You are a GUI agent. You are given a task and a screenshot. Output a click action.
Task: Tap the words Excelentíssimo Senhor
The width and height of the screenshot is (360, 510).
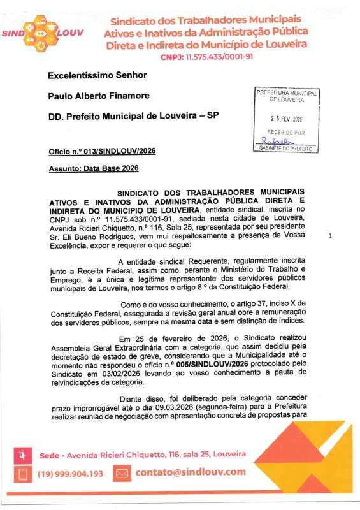click(x=101, y=75)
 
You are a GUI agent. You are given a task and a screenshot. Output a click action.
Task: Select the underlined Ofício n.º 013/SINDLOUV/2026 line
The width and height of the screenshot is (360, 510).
click(x=102, y=152)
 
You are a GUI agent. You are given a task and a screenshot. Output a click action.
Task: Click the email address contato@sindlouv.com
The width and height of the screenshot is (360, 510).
click(x=190, y=472)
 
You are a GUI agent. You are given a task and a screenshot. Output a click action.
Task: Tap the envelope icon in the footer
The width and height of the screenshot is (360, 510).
click(x=122, y=473)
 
